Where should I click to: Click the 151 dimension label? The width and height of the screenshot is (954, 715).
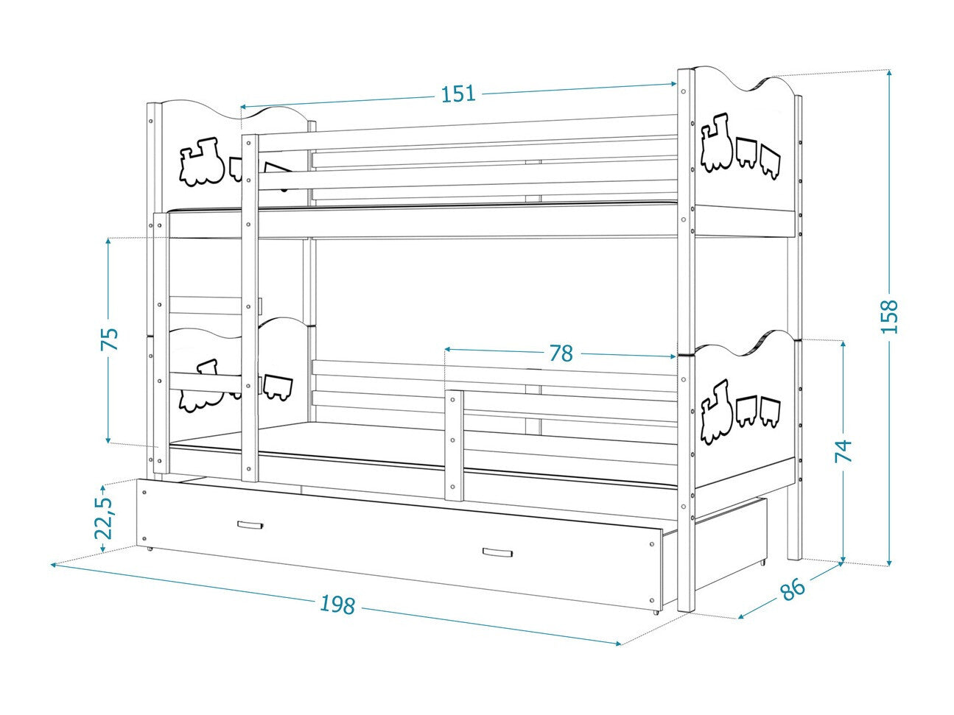(x=458, y=94)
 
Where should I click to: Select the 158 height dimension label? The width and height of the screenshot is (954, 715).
(x=889, y=316)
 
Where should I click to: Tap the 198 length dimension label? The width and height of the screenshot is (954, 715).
(x=337, y=605)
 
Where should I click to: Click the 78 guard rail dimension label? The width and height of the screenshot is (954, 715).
(x=561, y=353)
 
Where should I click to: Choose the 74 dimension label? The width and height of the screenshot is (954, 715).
(x=843, y=451)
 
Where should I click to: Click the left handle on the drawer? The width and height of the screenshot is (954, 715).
(x=250, y=525)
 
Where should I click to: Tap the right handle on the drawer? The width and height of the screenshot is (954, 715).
(x=497, y=552)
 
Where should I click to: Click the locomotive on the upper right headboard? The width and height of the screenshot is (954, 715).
(x=716, y=142)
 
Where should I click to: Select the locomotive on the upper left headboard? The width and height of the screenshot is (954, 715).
(x=202, y=162)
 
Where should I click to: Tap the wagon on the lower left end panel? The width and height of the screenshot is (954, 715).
(x=278, y=386)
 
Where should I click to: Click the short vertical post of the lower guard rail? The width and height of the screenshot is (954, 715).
(x=455, y=445)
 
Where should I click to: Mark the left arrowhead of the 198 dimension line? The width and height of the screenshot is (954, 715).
(x=55, y=564)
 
